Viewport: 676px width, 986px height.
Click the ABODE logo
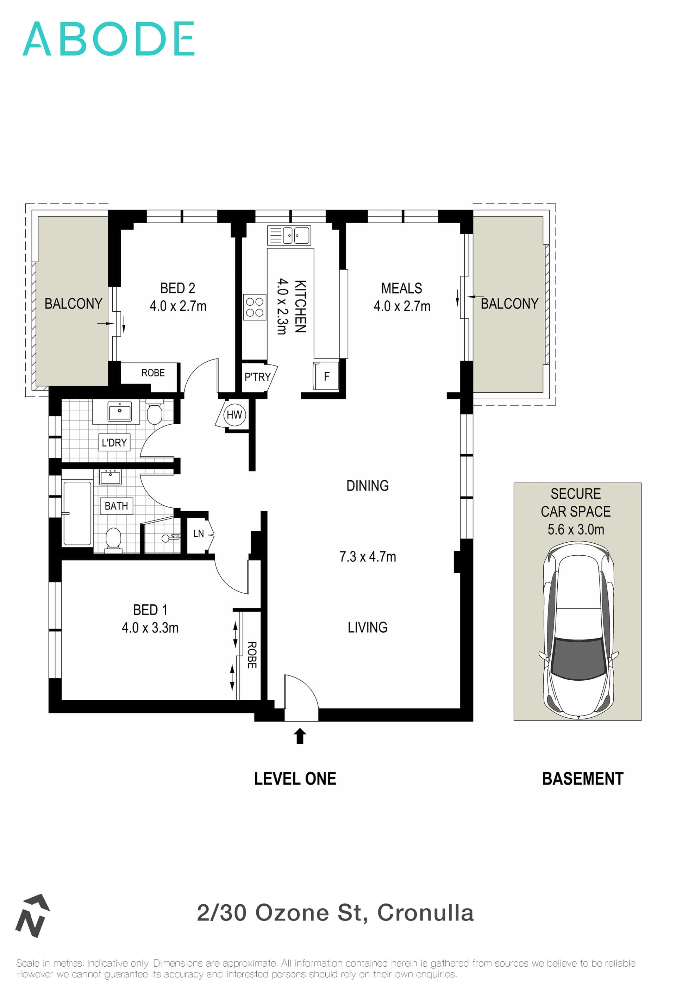108,39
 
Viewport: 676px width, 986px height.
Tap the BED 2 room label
178,288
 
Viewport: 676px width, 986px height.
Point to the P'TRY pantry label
257,377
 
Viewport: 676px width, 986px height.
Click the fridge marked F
326,376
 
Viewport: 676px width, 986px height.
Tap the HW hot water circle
234,414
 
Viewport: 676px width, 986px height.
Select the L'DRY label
114,443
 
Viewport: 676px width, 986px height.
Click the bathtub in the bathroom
77,513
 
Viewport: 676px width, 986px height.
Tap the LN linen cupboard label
199,533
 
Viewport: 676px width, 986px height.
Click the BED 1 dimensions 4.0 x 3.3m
150,628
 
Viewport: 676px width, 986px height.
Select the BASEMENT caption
583,779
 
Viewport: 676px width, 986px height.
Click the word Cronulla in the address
425,913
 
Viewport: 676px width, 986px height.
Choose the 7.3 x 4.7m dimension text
368,556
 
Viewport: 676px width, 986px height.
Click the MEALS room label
402,288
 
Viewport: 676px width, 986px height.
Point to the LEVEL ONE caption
295,779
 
